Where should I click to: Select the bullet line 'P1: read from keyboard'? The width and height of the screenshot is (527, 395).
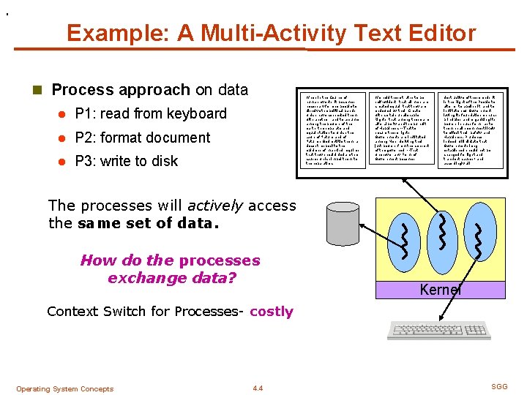pos(151,113)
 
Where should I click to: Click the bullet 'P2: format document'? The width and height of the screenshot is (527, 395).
pos(143,138)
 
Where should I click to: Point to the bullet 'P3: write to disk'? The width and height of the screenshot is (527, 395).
pos(127,161)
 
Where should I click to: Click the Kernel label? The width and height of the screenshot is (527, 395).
pos(440,290)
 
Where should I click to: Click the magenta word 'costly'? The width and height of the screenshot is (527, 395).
pos(271,312)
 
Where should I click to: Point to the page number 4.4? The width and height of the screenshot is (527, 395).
pos(257,388)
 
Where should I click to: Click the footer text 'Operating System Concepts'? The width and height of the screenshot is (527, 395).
pos(64,388)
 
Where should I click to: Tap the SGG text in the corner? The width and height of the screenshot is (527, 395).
pos(499,385)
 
